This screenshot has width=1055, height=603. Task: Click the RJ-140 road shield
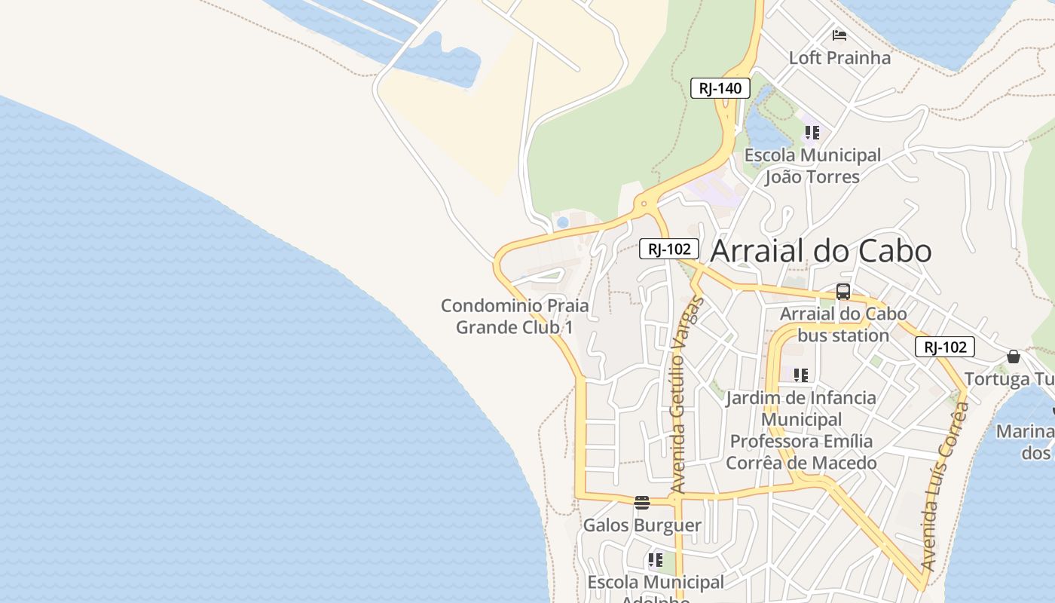tap(720, 88)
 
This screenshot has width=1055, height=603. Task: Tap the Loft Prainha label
tap(839, 58)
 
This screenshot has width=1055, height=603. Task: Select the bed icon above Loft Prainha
tap(839, 35)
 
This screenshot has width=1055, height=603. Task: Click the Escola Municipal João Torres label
tap(812, 166)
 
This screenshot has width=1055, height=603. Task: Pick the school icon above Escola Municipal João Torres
tap(812, 133)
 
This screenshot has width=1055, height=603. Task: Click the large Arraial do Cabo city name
tap(821, 251)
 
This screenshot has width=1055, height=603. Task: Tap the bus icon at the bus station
tap(843, 292)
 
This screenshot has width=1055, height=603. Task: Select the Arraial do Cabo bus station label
tap(843, 324)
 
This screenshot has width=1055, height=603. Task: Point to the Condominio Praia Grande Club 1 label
tap(515, 317)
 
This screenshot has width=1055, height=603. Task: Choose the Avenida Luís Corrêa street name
tap(946, 486)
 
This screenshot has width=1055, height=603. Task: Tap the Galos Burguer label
tap(642, 525)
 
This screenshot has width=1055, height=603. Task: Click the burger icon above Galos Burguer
tap(642, 503)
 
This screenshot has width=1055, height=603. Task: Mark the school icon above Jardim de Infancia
tap(801, 375)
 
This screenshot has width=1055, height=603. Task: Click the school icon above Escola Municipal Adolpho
tap(655, 560)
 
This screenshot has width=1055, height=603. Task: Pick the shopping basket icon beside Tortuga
tap(1014, 356)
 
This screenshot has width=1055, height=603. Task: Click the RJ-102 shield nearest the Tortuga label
tap(945, 347)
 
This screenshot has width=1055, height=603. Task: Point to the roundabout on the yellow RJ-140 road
tap(644, 204)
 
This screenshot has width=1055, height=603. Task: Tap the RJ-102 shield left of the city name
tap(669, 249)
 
